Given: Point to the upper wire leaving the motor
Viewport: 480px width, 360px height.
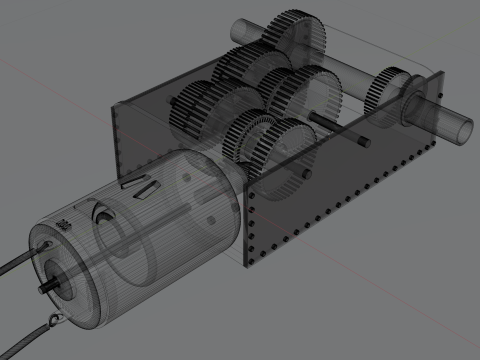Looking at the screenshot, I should point(14,263).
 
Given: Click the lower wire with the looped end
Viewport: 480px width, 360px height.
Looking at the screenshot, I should point(25,335).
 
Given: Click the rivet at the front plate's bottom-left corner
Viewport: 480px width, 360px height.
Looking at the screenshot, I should point(248,262).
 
